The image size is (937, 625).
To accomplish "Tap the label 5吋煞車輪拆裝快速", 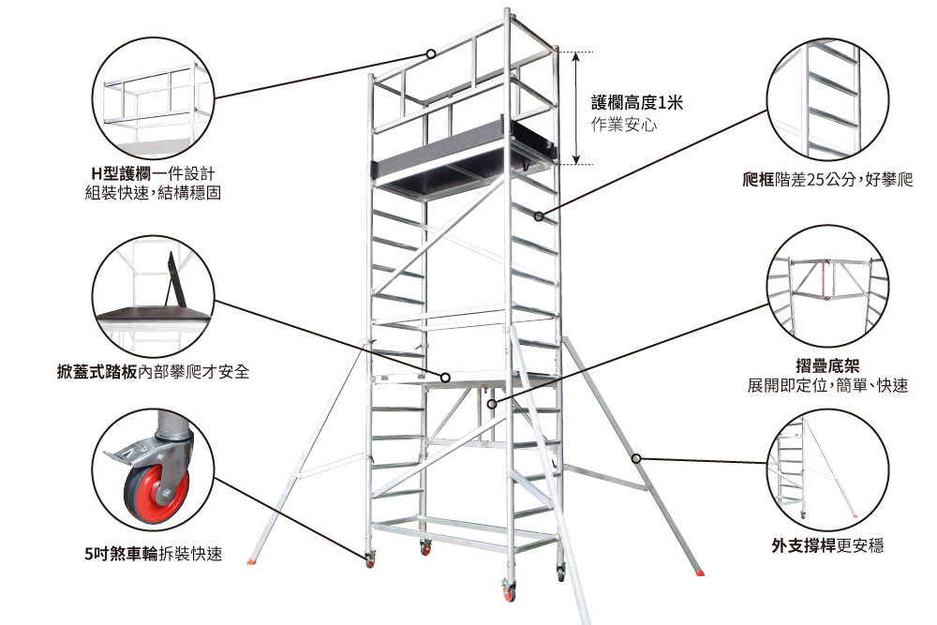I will point(154,554).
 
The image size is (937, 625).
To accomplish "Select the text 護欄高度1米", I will point(636,103).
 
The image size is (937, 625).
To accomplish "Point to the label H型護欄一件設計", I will point(153,174).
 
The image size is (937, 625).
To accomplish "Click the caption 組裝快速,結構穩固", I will point(153,194).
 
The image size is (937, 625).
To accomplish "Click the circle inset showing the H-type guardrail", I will point(154,97).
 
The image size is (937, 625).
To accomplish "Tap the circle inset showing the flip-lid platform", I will point(154,296).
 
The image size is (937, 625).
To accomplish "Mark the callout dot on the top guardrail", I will point(431,53).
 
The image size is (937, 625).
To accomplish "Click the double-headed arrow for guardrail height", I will point(576,108).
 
